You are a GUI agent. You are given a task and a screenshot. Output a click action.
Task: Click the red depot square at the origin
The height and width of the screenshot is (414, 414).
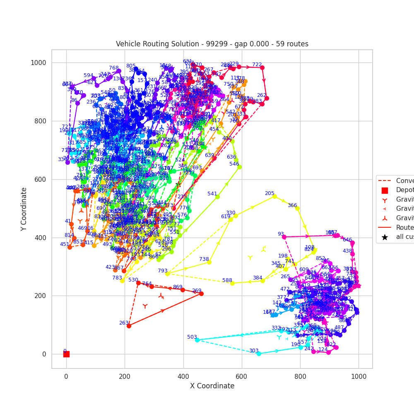click(x=66, y=354)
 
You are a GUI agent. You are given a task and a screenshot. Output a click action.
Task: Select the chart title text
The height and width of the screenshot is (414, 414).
click(x=212, y=44)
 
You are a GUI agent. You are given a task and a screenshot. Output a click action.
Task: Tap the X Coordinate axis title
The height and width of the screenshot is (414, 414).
click(x=212, y=386)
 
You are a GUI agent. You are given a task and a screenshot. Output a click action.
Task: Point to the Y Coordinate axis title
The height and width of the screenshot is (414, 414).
click(x=24, y=209)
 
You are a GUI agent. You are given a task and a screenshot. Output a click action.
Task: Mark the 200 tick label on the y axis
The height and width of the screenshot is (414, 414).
click(x=41, y=296)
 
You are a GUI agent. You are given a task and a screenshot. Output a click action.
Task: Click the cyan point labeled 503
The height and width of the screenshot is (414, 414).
click(x=197, y=340)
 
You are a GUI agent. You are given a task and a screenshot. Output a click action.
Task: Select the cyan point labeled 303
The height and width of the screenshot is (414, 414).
click(x=259, y=354)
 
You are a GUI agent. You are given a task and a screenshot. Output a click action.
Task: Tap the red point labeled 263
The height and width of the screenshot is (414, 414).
click(x=129, y=326)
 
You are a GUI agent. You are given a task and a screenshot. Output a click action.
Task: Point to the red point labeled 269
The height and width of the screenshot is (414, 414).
click(x=201, y=294)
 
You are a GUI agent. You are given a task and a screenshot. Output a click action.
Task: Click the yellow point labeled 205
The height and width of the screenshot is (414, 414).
click(x=274, y=196)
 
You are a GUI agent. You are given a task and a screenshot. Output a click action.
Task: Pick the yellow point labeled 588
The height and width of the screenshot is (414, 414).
click(x=232, y=283)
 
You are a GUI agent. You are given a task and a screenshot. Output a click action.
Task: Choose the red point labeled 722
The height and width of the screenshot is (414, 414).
click(x=262, y=67)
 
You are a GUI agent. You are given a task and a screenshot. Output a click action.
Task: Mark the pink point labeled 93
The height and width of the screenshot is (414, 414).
click(x=284, y=237)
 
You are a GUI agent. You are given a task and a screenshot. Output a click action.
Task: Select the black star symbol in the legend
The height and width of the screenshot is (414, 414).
click(x=385, y=237)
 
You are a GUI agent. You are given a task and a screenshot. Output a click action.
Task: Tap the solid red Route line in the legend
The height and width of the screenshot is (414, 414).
click(x=385, y=227)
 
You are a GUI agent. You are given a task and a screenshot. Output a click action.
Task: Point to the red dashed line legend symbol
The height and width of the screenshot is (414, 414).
click(x=385, y=181)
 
